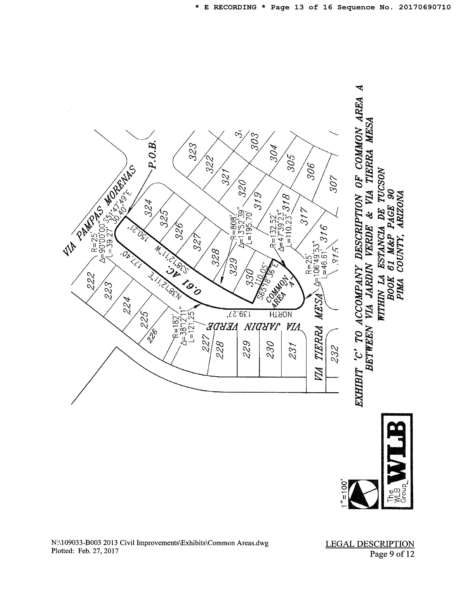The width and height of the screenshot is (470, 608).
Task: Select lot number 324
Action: point(148,208)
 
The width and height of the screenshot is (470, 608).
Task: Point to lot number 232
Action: point(335,354)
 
